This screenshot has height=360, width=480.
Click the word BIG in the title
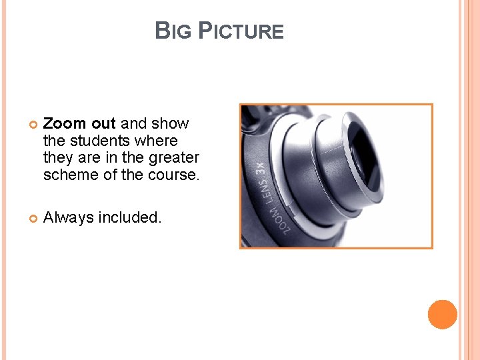[169, 31]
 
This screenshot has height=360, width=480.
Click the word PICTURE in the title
[241, 31]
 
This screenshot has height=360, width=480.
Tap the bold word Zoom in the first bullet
[65, 123]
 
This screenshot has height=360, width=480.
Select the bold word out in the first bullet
[104, 123]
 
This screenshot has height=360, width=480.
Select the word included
[129, 217]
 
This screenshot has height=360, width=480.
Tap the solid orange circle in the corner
[442, 315]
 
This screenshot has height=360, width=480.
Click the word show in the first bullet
[170, 123]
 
